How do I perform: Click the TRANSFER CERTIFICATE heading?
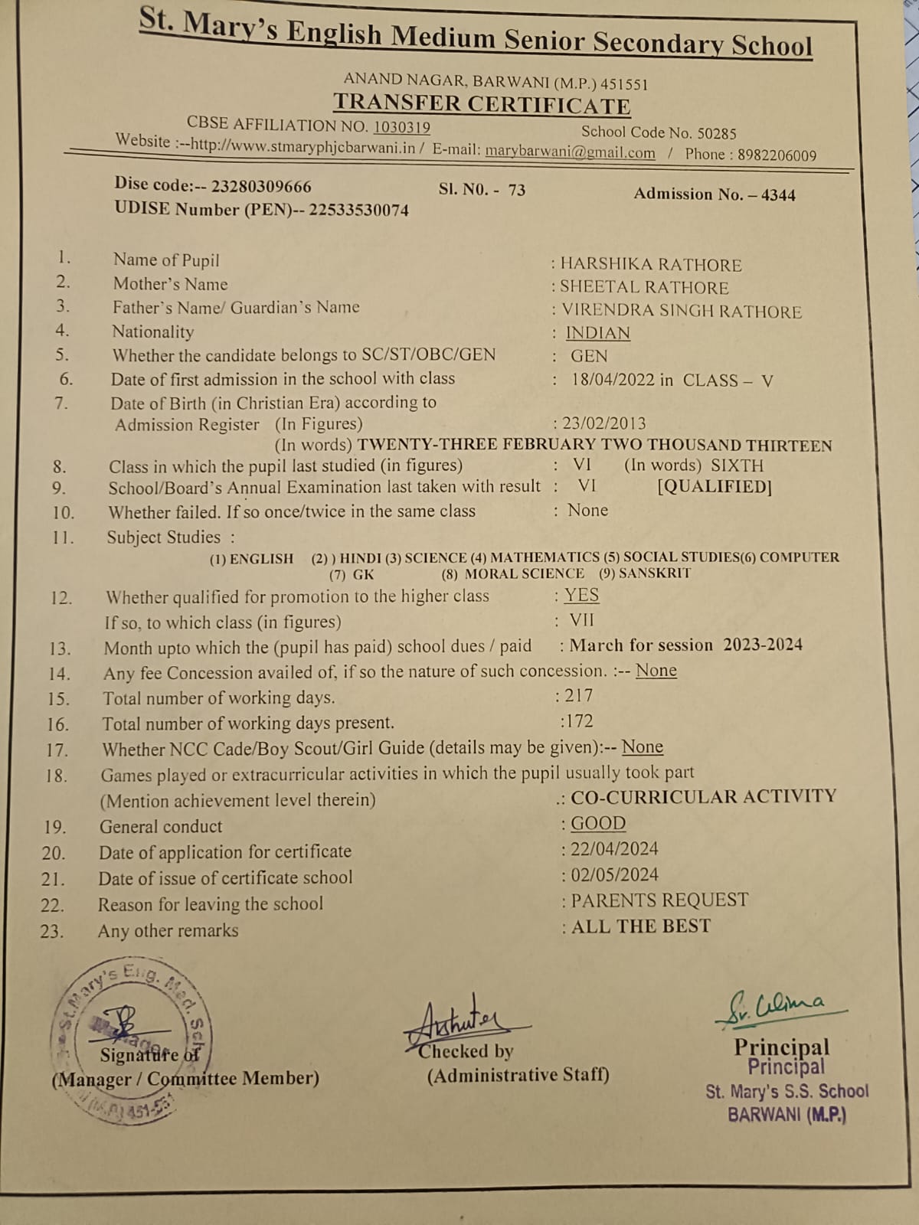click(482, 103)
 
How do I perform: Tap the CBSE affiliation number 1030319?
click(401, 127)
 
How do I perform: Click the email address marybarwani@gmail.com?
click(570, 152)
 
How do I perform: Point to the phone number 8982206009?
click(777, 155)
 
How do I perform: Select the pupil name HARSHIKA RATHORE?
click(650, 265)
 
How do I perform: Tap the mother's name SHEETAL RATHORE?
click(644, 288)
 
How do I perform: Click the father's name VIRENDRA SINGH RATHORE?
click(681, 312)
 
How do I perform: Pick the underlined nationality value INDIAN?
click(597, 333)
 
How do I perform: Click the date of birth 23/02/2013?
click(604, 423)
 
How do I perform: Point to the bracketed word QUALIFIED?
click(714, 488)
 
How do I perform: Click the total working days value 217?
click(578, 696)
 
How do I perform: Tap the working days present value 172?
click(578, 721)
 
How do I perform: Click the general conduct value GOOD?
click(598, 824)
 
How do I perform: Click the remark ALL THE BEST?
click(640, 927)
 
